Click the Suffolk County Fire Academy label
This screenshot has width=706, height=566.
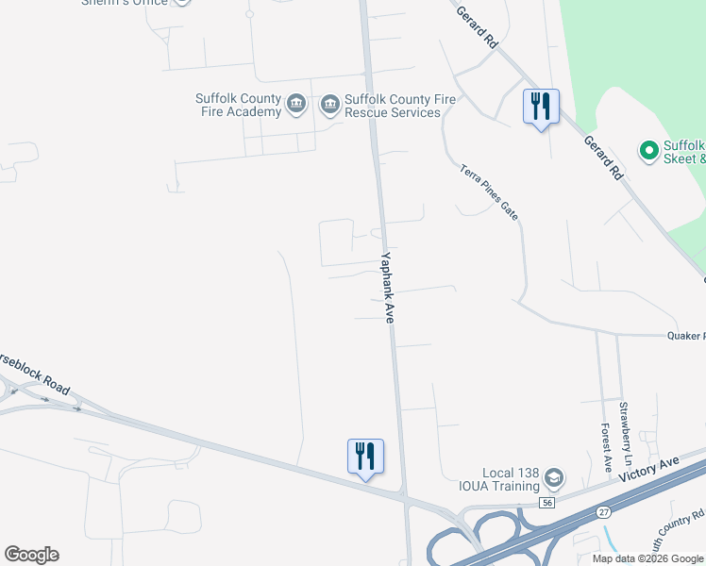tap(238, 105)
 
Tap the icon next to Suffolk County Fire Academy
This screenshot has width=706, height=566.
tap(295, 104)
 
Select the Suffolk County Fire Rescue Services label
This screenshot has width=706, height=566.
tap(392, 105)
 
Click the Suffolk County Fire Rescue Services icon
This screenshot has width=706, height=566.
tap(329, 104)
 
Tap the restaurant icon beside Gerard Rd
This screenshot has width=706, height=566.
tap(541, 107)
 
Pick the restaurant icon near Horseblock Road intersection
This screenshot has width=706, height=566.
tap(365, 457)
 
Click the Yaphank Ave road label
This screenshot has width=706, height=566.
tap(387, 288)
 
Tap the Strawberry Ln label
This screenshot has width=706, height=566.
tap(624, 424)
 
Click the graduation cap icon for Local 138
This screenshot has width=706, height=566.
tap(554, 480)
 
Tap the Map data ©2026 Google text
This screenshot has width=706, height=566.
tap(647, 558)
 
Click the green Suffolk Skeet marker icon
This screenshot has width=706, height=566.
tap(648, 151)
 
